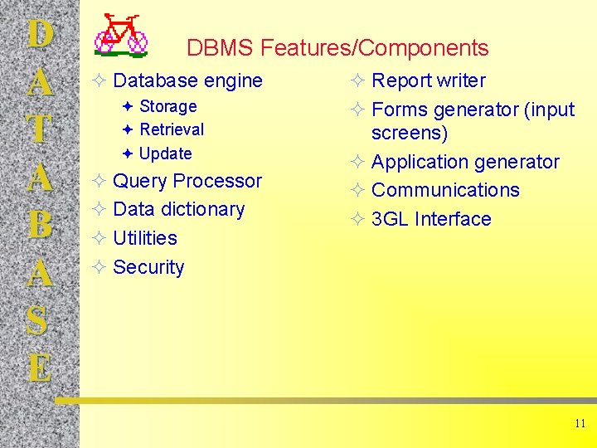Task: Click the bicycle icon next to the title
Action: (x=121, y=36)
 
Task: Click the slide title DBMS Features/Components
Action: (x=337, y=48)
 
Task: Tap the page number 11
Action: (x=579, y=423)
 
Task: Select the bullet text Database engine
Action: (x=187, y=80)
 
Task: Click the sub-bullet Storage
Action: (x=167, y=106)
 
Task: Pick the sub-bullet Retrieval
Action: (x=172, y=129)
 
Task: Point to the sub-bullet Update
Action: (x=166, y=153)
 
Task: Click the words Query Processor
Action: (x=187, y=181)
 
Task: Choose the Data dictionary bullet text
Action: (x=178, y=209)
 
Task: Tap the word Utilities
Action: (x=145, y=238)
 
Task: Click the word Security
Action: (x=148, y=267)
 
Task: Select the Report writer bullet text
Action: (x=428, y=80)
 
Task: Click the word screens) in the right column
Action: (x=410, y=134)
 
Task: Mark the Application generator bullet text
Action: (x=465, y=162)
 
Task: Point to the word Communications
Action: (x=445, y=190)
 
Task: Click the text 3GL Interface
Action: (x=431, y=219)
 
